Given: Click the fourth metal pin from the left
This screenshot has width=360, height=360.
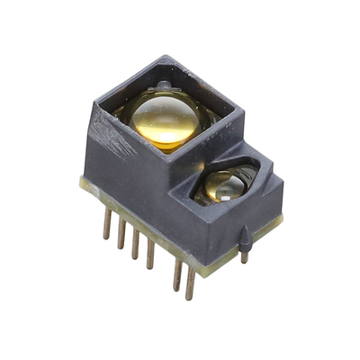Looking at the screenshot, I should click(x=150, y=253).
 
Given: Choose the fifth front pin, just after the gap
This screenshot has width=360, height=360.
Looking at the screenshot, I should click(x=177, y=272).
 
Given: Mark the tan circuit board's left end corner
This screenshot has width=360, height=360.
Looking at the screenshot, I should click(x=82, y=184).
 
